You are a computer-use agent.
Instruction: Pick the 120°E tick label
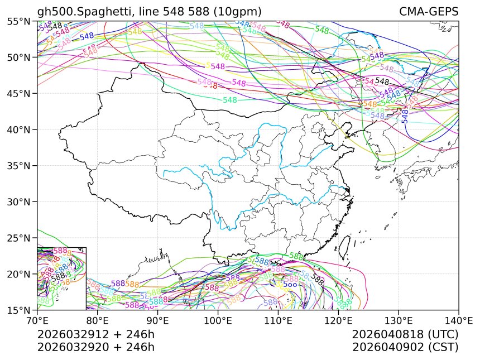point(338,320)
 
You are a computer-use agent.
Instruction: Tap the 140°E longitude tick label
point(458,320)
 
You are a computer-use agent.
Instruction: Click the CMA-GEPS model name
point(429,12)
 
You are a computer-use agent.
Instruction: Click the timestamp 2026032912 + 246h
point(95,335)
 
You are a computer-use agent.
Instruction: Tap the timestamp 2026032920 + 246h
point(95,347)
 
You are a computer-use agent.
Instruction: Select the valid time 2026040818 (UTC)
point(405,335)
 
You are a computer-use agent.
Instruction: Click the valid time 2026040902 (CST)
point(405,347)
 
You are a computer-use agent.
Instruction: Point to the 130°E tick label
point(399,320)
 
